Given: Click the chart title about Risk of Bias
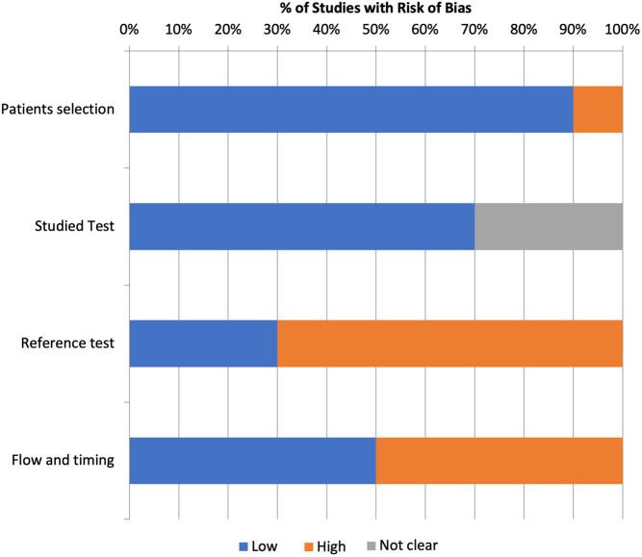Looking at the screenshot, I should click(x=375, y=9).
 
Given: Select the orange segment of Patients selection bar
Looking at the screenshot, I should click(x=598, y=109).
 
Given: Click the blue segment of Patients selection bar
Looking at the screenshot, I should click(x=350, y=109).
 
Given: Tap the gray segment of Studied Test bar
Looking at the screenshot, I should click(x=549, y=226).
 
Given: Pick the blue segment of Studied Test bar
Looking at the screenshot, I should click(x=301, y=226).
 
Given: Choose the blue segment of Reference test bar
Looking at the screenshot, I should click(x=203, y=342).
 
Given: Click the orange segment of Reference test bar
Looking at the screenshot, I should click(x=449, y=342).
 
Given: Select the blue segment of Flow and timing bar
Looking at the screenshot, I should click(x=252, y=460).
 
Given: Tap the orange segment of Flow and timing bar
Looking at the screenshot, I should click(x=499, y=460).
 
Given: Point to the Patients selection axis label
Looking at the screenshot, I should click(x=58, y=109).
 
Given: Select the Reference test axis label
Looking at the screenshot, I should click(x=67, y=342).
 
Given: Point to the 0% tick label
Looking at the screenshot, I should click(x=129, y=30).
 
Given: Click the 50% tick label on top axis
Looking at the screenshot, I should click(x=375, y=30).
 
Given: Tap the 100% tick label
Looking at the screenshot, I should click(x=621, y=30).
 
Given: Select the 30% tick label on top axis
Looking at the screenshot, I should click(x=277, y=30).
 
